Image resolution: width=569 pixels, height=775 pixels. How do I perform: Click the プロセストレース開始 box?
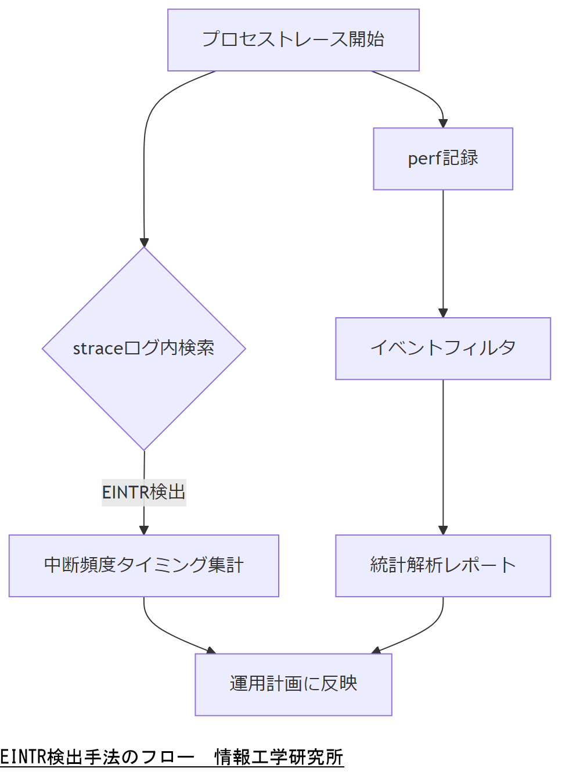(x=293, y=40)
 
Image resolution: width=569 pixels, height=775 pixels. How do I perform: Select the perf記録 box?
(x=443, y=159)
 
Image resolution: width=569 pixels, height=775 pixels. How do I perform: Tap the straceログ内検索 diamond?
(x=144, y=349)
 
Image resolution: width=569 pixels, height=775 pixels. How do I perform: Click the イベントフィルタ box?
(x=443, y=349)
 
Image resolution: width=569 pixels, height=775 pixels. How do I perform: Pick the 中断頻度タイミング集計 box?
(x=144, y=565)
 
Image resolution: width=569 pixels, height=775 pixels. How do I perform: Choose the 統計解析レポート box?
(x=443, y=565)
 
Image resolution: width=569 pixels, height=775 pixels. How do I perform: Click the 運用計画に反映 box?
(x=293, y=684)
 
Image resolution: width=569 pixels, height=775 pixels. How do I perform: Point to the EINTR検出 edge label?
(x=144, y=492)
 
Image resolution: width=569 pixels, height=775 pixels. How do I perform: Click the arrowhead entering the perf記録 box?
(x=443, y=123)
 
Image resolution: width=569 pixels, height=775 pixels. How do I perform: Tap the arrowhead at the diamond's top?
(x=144, y=242)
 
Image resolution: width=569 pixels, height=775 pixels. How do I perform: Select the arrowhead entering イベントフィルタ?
(x=443, y=313)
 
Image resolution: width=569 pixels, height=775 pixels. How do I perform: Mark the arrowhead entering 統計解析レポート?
(x=443, y=530)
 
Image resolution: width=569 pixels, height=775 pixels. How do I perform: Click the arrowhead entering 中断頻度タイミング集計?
(x=144, y=530)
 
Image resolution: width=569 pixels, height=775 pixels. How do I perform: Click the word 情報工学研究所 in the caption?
(x=279, y=757)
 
